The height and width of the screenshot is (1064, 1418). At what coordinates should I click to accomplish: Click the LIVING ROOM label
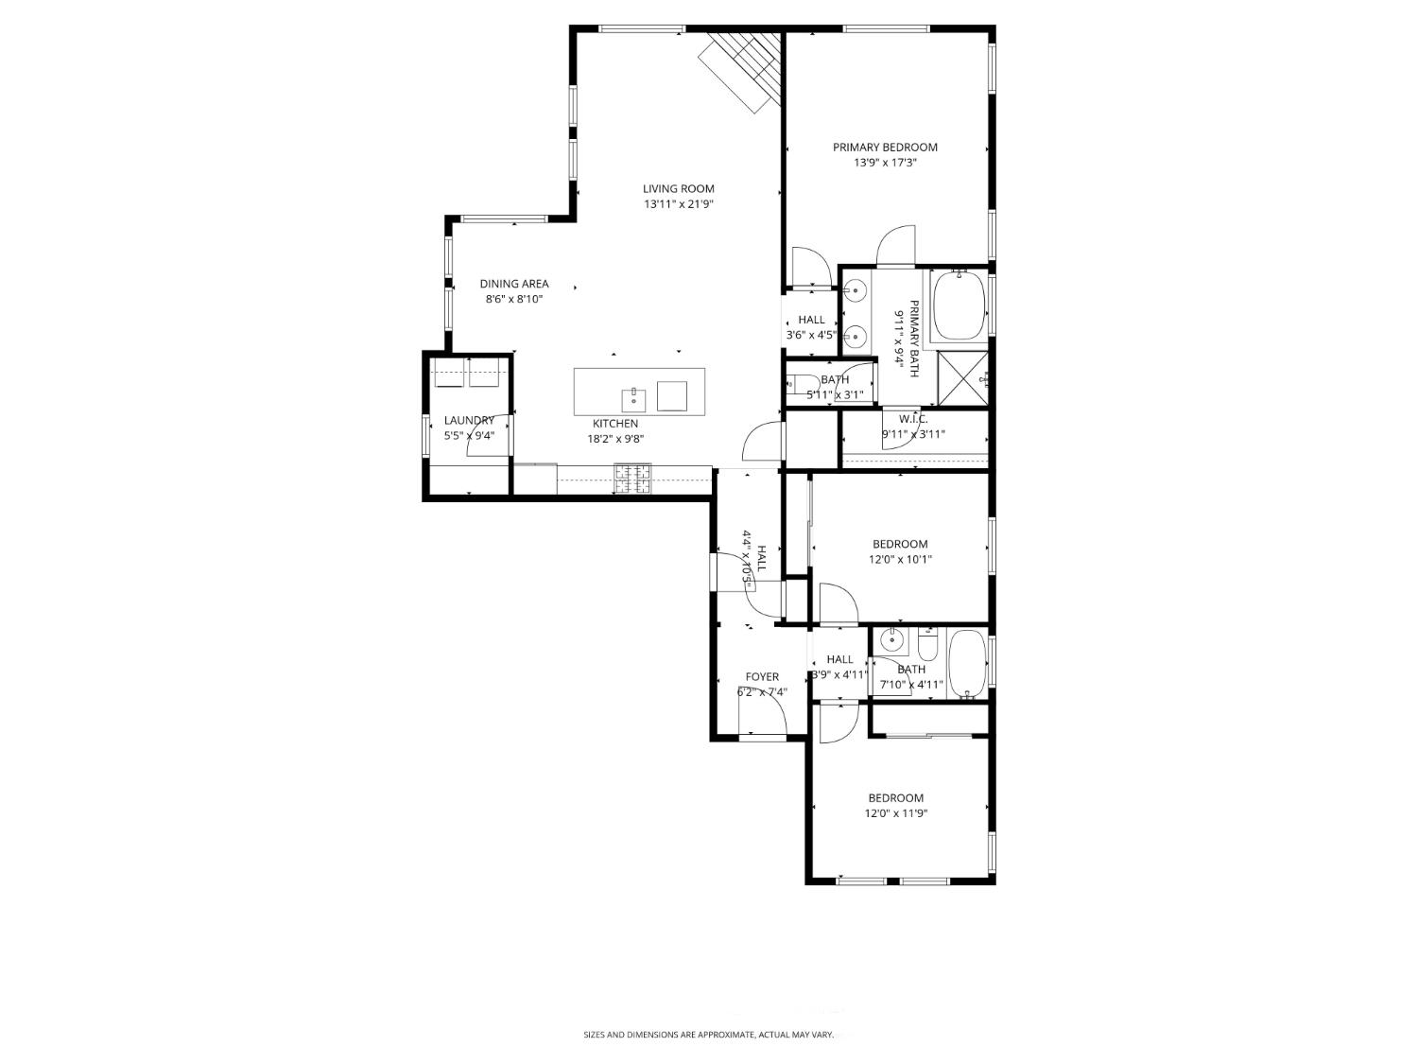tap(679, 188)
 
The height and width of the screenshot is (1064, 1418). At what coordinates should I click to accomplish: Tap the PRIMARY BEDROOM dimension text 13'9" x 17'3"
tap(885, 163)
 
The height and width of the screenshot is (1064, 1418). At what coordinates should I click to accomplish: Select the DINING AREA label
tap(513, 284)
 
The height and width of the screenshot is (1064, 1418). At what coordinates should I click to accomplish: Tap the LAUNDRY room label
tap(469, 421)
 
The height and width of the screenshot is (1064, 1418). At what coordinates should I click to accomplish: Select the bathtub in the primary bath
tap(959, 305)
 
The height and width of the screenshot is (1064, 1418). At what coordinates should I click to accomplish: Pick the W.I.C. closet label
tap(913, 419)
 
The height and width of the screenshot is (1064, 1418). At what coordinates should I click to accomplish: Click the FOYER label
tap(762, 676)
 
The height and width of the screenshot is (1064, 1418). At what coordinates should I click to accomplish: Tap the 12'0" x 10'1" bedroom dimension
tap(900, 559)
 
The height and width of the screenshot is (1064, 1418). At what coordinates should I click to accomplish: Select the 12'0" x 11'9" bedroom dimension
tap(895, 813)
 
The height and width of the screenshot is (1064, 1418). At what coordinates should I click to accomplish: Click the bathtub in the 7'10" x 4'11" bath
tap(966, 664)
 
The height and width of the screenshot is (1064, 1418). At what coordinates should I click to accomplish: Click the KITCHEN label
tap(615, 424)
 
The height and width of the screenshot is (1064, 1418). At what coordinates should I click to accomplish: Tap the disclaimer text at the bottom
tap(708, 1036)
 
